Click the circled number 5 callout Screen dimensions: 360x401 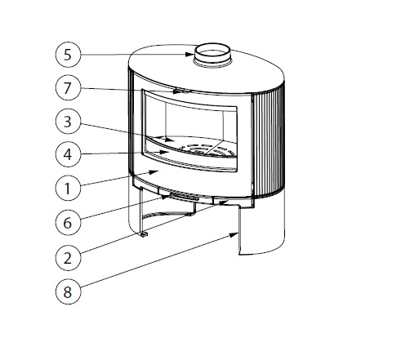[69, 56]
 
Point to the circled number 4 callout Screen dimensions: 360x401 [69, 153]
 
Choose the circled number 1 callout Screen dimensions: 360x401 [69, 188]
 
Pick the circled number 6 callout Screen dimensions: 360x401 [69, 221]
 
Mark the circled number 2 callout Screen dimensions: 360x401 [69, 256]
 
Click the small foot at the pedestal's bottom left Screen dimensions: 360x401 [143, 236]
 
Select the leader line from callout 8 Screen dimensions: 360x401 [155, 260]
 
